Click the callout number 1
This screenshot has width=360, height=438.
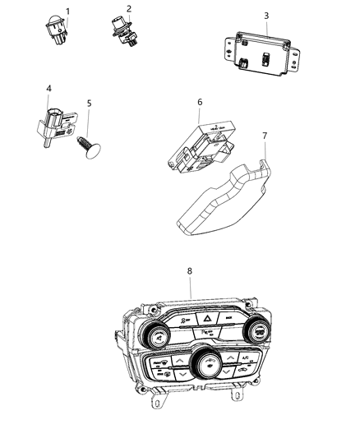[68, 12]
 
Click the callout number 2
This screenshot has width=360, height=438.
[128, 8]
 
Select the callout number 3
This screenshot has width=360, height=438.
[265, 16]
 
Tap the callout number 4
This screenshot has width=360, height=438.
[49, 88]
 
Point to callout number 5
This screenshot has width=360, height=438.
[89, 104]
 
